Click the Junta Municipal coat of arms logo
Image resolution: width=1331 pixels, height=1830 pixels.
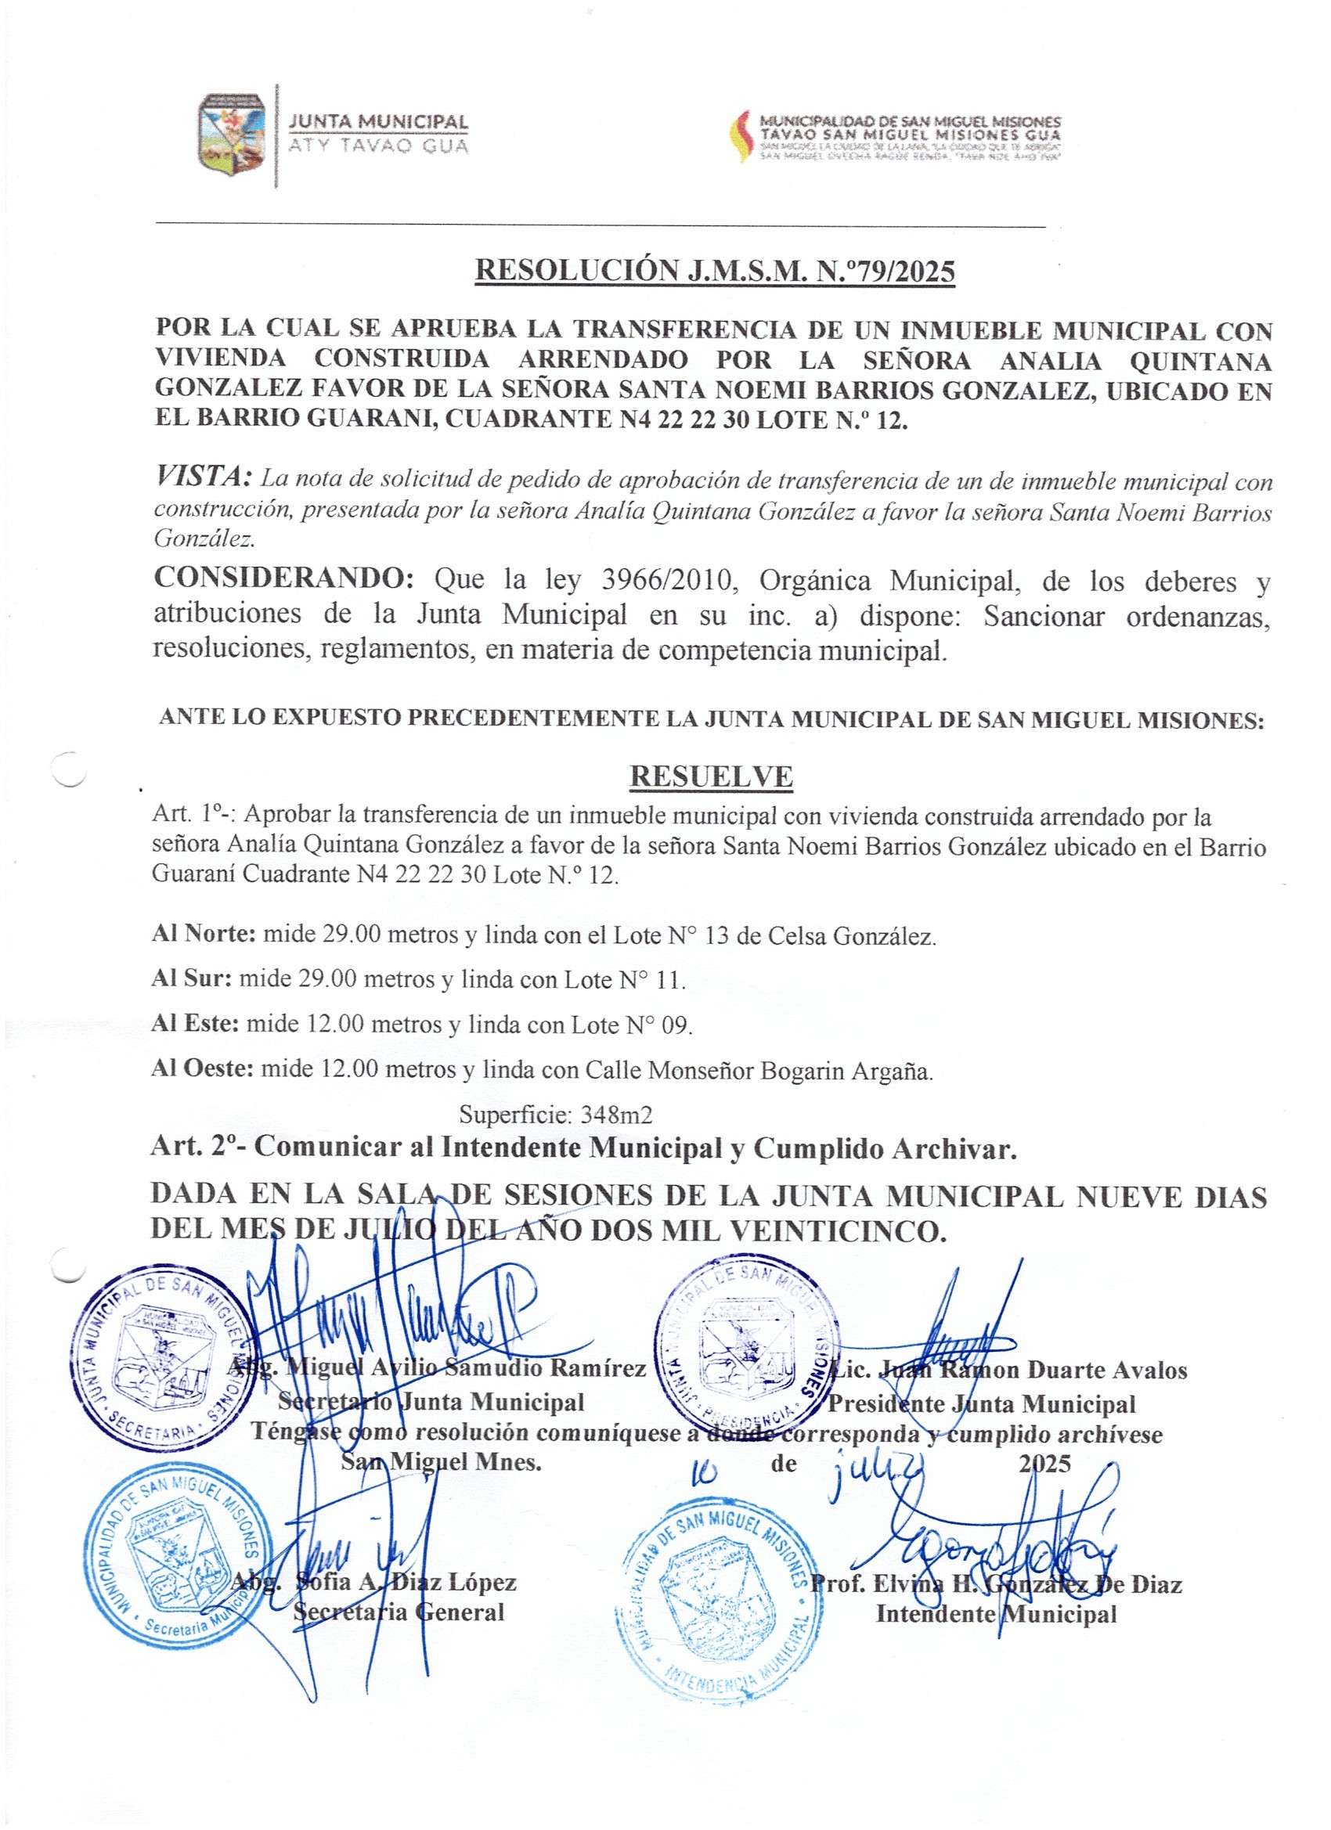click(233, 135)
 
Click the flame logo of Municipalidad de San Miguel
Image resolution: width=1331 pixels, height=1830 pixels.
click(739, 136)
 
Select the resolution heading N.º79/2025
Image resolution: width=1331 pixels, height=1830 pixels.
click(714, 271)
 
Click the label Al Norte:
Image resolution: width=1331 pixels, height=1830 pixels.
click(204, 935)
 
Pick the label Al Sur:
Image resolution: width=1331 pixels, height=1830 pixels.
click(191, 978)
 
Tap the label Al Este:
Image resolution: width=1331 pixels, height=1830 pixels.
click(194, 1024)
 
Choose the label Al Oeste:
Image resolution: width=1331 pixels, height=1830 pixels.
click(202, 1069)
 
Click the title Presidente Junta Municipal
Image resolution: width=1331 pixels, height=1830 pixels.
click(982, 1404)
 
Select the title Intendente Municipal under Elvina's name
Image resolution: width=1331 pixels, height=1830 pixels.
click(996, 1614)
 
